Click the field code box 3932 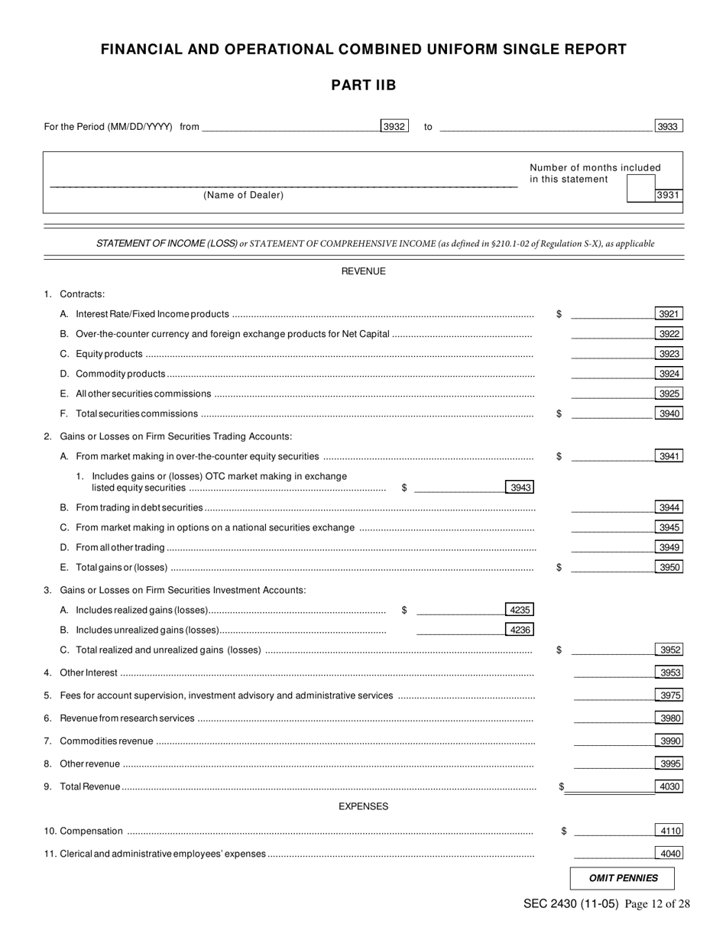(394, 127)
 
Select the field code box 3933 (669, 127)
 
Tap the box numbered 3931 (669, 196)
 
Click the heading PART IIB (363, 86)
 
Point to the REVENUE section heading (363, 271)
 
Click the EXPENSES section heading (363, 806)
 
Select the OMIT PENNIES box (623, 879)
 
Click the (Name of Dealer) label (243, 196)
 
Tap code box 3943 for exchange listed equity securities (520, 488)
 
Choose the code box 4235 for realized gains (520, 610)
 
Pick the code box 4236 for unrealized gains (520, 630)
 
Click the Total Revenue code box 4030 (669, 786)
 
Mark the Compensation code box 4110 (669, 831)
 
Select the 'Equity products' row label (109, 354)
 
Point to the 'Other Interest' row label (89, 673)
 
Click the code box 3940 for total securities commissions (669, 413)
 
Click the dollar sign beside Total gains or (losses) (559, 567)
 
